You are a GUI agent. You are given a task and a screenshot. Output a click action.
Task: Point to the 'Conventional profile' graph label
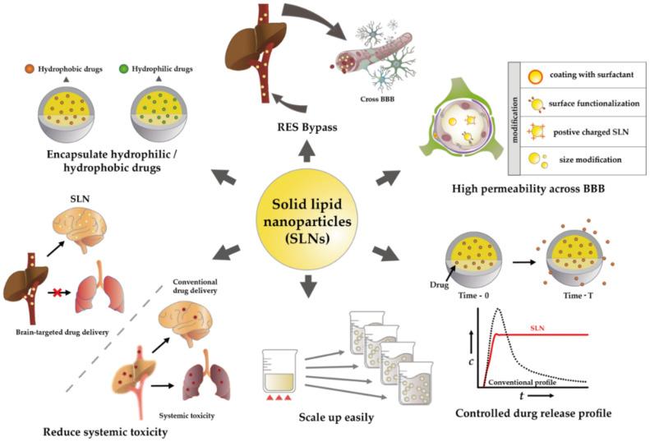[x=523, y=382]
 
